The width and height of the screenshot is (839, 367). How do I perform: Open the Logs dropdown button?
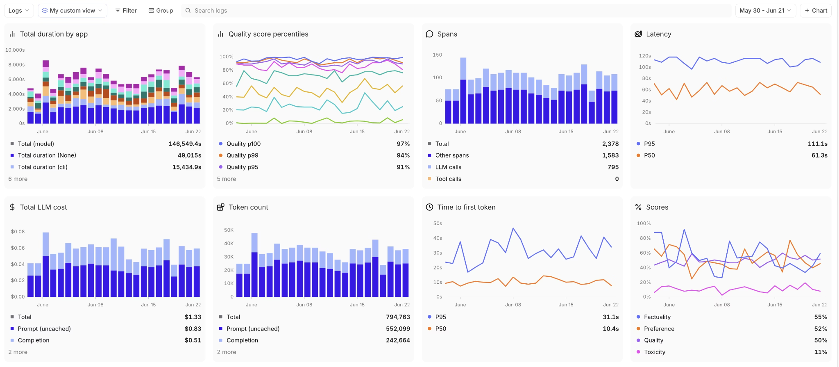(x=19, y=11)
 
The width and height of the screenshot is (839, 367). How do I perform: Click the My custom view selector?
(x=73, y=11)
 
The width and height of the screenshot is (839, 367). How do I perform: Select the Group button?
(x=161, y=11)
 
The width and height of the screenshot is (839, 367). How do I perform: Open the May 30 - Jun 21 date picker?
(x=765, y=11)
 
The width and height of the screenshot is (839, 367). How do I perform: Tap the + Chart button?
(x=816, y=11)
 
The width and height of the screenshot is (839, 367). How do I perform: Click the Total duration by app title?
(x=54, y=34)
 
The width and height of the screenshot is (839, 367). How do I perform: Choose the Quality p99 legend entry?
(x=242, y=155)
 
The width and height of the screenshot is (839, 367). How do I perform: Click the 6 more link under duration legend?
(x=18, y=179)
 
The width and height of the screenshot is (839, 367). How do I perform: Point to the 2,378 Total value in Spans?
(x=610, y=144)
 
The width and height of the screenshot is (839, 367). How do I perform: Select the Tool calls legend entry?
(x=448, y=179)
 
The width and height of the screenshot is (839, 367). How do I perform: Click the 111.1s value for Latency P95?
(x=817, y=144)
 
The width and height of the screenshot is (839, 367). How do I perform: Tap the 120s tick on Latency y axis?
(x=644, y=56)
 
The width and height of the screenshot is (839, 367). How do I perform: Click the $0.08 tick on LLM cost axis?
(x=18, y=232)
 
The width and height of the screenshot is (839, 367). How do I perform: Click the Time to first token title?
(x=466, y=207)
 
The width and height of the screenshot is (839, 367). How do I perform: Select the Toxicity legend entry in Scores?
(x=654, y=352)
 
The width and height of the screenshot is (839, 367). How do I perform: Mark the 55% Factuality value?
(x=821, y=317)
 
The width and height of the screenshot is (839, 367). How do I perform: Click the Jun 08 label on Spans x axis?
(x=513, y=132)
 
